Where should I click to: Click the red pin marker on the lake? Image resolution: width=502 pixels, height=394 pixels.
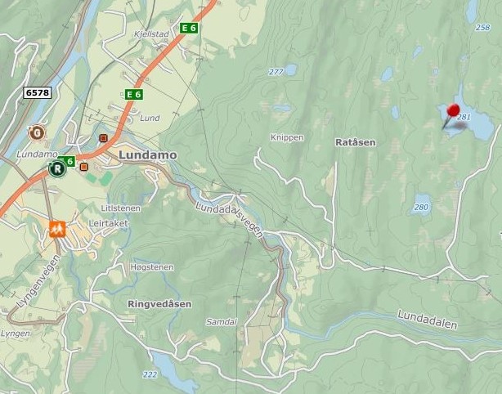452,111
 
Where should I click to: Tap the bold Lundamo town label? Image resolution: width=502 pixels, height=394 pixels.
147,154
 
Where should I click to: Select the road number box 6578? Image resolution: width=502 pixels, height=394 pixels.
37,93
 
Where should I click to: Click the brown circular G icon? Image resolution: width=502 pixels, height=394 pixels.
36,132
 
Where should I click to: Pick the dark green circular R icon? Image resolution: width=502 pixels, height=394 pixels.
57,170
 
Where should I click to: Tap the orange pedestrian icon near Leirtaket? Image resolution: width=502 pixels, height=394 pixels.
57,227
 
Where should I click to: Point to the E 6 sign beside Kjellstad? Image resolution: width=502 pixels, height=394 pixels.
189,28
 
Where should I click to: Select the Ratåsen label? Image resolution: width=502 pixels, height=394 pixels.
355,142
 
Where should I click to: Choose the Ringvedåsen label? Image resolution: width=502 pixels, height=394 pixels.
159,304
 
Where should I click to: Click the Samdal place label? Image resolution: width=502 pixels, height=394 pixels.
222,322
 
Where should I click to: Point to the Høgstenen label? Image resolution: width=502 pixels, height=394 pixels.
150,267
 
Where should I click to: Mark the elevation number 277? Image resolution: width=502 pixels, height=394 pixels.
276,72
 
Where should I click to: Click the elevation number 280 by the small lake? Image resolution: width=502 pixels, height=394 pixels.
421,207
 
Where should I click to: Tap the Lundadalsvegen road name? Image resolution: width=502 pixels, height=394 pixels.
230,219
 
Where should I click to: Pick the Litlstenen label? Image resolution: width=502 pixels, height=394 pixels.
121,208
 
